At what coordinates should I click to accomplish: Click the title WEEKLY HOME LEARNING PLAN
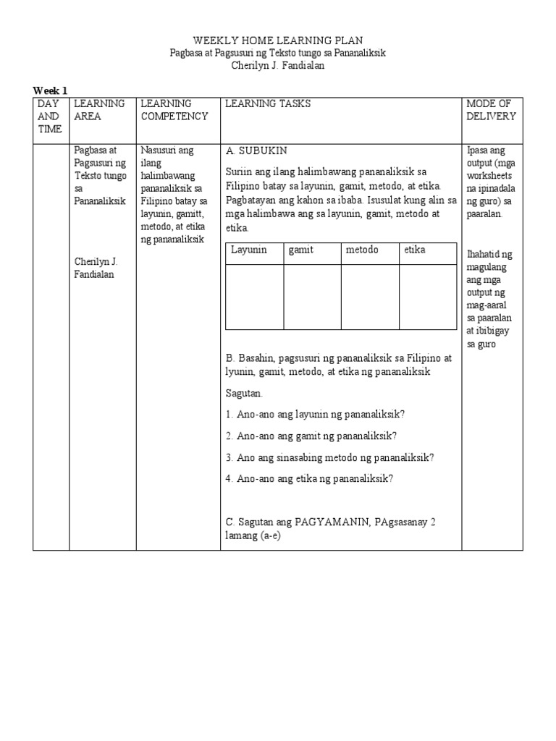point(277,41)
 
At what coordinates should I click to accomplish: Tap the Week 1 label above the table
point(50,90)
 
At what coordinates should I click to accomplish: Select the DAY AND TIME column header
point(49,117)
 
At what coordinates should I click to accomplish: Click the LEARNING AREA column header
point(99,110)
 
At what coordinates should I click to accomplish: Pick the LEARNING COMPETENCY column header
point(174,110)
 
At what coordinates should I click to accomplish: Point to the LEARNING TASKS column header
point(268,104)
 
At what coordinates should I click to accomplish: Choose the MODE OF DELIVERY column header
point(491,110)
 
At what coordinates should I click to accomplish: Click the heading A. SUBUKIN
point(256,151)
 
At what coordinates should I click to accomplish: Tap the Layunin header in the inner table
point(249,250)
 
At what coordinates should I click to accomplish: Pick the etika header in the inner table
point(415,250)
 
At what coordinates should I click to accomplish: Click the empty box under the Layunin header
point(254,297)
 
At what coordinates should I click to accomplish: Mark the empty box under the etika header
point(427,297)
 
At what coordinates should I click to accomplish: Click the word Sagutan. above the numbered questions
point(245,393)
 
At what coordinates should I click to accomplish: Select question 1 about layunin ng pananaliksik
point(315,414)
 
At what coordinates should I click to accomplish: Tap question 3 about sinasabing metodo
point(329,457)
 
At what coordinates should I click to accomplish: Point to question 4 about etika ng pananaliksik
point(309,478)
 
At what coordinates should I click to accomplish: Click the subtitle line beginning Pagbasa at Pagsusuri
point(277,54)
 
